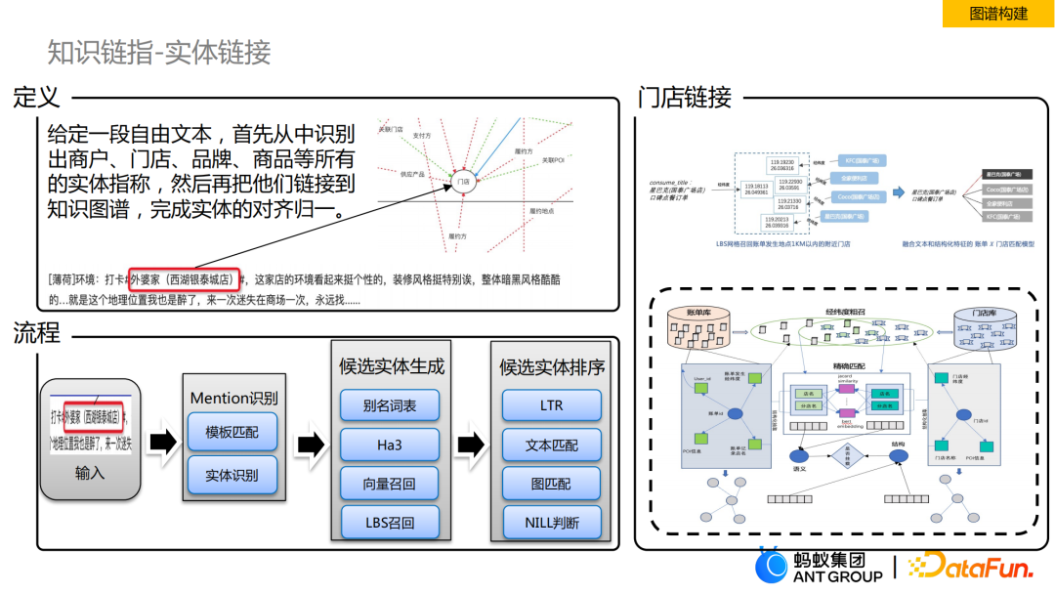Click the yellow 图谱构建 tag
(x=997, y=14)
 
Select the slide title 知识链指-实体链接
(x=159, y=52)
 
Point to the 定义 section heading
(x=36, y=98)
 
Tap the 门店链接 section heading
(x=684, y=98)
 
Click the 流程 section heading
(x=36, y=333)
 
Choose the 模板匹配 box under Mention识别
(x=232, y=433)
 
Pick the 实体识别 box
(x=232, y=475)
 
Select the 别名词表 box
(x=390, y=405)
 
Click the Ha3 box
(x=390, y=445)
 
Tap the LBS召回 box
(x=390, y=523)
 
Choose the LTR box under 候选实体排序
(x=551, y=405)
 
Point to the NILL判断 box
(x=551, y=523)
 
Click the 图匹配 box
(x=551, y=484)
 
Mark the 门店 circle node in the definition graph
(x=463, y=182)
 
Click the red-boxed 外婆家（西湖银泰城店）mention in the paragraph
(x=184, y=278)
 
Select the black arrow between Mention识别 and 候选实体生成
(x=310, y=445)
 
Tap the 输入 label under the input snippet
(x=90, y=474)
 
